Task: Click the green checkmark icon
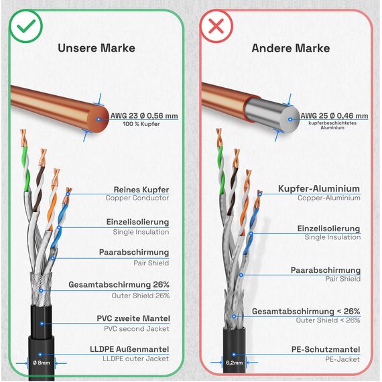[26, 26]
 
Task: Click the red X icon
[216, 26]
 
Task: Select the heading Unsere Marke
[97, 48]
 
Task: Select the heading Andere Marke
[291, 48]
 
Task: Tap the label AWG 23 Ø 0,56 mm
[144, 116]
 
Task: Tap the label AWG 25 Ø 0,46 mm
[334, 116]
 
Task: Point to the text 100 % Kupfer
[141, 124]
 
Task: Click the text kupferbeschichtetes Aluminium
[332, 125]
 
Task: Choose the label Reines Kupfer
[141, 190]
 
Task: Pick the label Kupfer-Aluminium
[319, 189]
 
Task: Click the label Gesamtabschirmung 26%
[119, 285]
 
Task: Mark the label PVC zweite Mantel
[133, 318]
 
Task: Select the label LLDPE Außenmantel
[129, 349]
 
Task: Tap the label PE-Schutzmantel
[326, 349]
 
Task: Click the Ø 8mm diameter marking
[42, 363]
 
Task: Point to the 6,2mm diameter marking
[234, 363]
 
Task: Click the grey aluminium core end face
[290, 119]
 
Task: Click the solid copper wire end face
[99, 119]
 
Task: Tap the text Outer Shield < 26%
[328, 320]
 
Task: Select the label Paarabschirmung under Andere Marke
[326, 270]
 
